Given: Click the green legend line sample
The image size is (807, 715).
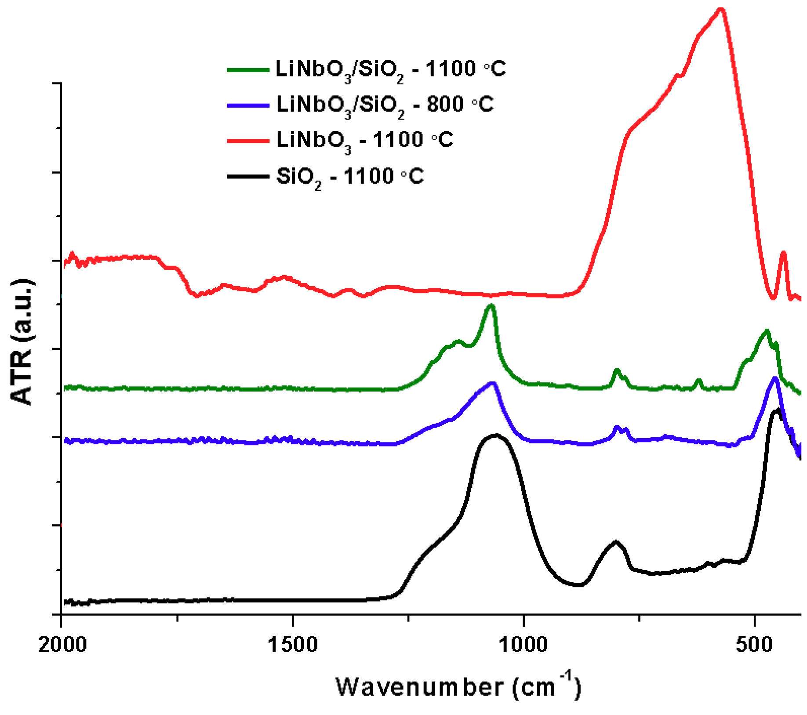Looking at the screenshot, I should tap(248, 69).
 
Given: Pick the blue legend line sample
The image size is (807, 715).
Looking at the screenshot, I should tap(248, 105).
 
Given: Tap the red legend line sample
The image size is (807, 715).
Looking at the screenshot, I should tap(248, 141).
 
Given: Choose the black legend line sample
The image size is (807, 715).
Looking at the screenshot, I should tap(248, 177).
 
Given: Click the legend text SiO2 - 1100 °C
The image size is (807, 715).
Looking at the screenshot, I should tap(349, 177).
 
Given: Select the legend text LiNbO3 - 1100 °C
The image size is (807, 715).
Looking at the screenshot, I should tap(364, 141).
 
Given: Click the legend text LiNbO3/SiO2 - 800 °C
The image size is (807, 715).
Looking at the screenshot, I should tap(385, 105).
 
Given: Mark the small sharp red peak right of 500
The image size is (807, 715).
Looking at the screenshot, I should tap(783, 253).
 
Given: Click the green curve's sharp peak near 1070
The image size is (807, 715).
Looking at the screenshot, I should tap(491, 305).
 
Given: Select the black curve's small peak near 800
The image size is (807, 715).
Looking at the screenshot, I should tap(616, 541).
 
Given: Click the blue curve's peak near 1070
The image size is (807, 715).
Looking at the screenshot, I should tap(493, 383).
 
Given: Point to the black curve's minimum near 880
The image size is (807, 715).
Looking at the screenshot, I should tap(579, 585).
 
